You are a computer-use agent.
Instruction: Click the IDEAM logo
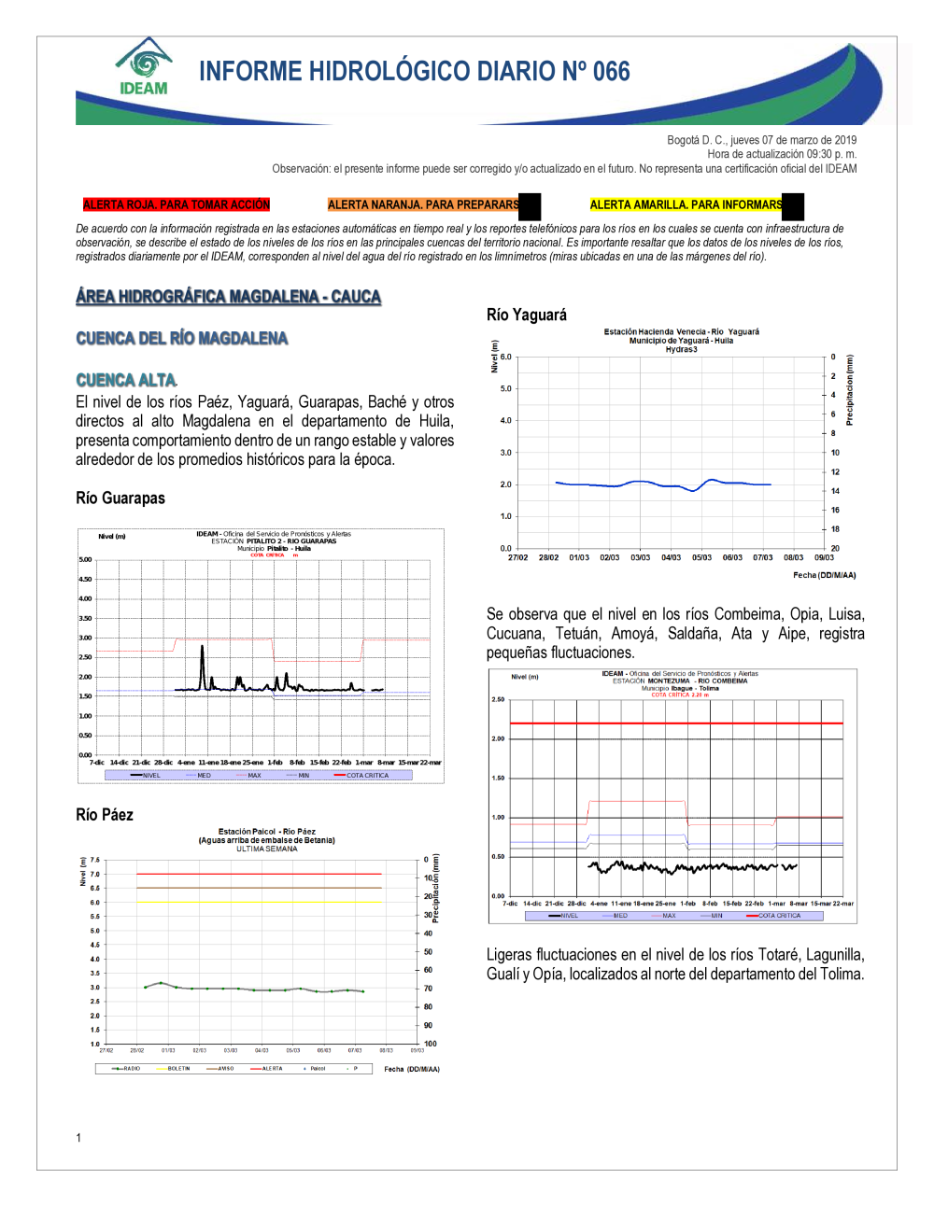144,67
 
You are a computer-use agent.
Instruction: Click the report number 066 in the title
611,72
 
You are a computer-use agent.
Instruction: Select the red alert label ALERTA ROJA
176,204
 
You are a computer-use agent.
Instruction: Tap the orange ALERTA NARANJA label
423,204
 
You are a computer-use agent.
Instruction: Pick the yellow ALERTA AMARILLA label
686,204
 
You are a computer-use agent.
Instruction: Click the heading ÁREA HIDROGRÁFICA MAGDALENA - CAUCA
229,297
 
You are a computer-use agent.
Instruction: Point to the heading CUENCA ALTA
126,380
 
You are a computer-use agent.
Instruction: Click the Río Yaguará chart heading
527,315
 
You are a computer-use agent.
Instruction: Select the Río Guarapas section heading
120,498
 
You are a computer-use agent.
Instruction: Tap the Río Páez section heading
105,814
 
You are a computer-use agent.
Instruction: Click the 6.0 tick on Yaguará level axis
505,357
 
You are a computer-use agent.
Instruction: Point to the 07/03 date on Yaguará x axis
763,557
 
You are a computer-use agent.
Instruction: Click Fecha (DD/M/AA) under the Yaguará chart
824,575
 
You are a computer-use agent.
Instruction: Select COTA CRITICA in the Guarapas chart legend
367,775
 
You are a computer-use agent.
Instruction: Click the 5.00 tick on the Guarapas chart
85,559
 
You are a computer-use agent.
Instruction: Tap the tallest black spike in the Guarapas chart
203,646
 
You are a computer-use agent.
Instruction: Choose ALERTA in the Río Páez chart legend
272,1068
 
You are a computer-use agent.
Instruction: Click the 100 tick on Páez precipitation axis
430,1044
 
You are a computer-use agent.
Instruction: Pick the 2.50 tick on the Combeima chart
498,699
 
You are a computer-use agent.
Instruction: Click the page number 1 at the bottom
78,1137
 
